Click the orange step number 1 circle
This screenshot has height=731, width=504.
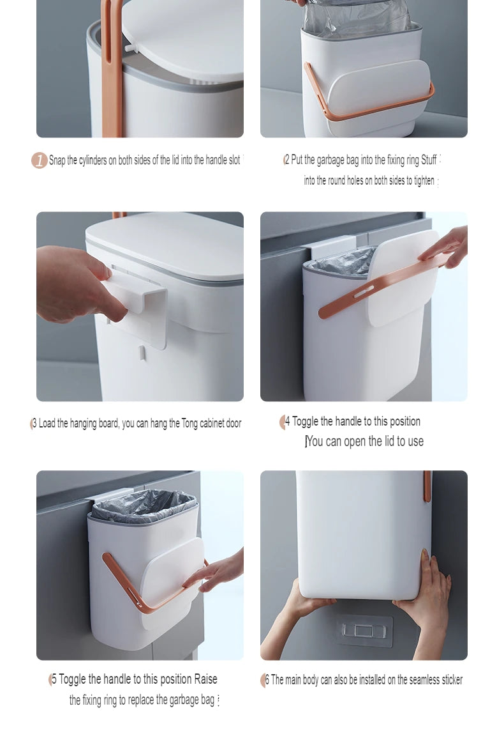39,160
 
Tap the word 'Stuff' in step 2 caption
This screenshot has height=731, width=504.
429,160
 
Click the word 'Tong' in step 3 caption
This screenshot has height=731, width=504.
189,423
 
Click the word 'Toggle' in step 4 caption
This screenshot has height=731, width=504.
306,422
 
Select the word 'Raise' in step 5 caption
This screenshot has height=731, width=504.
205,679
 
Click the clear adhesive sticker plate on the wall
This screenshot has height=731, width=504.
364,630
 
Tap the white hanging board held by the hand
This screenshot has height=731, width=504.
135,309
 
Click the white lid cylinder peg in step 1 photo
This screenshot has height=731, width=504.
130,47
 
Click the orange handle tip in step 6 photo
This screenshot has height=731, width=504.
427,486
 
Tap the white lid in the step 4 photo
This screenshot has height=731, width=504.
403,279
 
